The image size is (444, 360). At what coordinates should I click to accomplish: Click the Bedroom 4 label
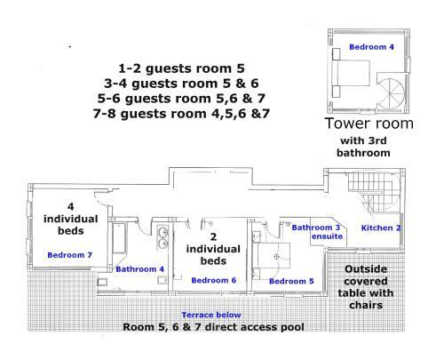pos(371,47)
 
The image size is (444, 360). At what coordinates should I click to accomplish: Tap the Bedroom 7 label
pos(70,255)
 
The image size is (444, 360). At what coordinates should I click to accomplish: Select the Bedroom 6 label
pos(214,280)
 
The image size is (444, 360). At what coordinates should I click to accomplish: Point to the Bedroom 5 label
pos(291,281)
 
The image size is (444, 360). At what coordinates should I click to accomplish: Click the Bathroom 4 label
pos(139,269)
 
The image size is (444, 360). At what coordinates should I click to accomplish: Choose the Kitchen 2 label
pos(381,228)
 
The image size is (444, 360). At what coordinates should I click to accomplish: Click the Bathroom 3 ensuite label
pos(317,232)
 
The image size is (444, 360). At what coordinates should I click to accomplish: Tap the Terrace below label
pos(211,315)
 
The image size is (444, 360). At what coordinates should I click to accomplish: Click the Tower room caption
pos(369,124)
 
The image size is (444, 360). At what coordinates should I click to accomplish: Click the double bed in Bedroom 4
pos(351,73)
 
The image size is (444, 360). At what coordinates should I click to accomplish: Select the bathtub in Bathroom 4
pos(119,238)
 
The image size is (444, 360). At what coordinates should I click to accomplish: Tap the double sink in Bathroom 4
pos(163,237)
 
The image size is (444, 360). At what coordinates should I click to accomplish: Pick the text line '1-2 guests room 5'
pos(181,68)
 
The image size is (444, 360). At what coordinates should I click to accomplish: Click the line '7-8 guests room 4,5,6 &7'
pos(181,114)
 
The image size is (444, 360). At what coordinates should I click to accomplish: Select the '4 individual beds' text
pos(70,219)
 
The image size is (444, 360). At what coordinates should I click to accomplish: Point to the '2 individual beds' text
pos(213,249)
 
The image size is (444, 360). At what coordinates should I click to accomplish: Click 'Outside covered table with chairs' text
pos(366,287)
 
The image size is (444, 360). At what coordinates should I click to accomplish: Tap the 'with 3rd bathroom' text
pos(363,147)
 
